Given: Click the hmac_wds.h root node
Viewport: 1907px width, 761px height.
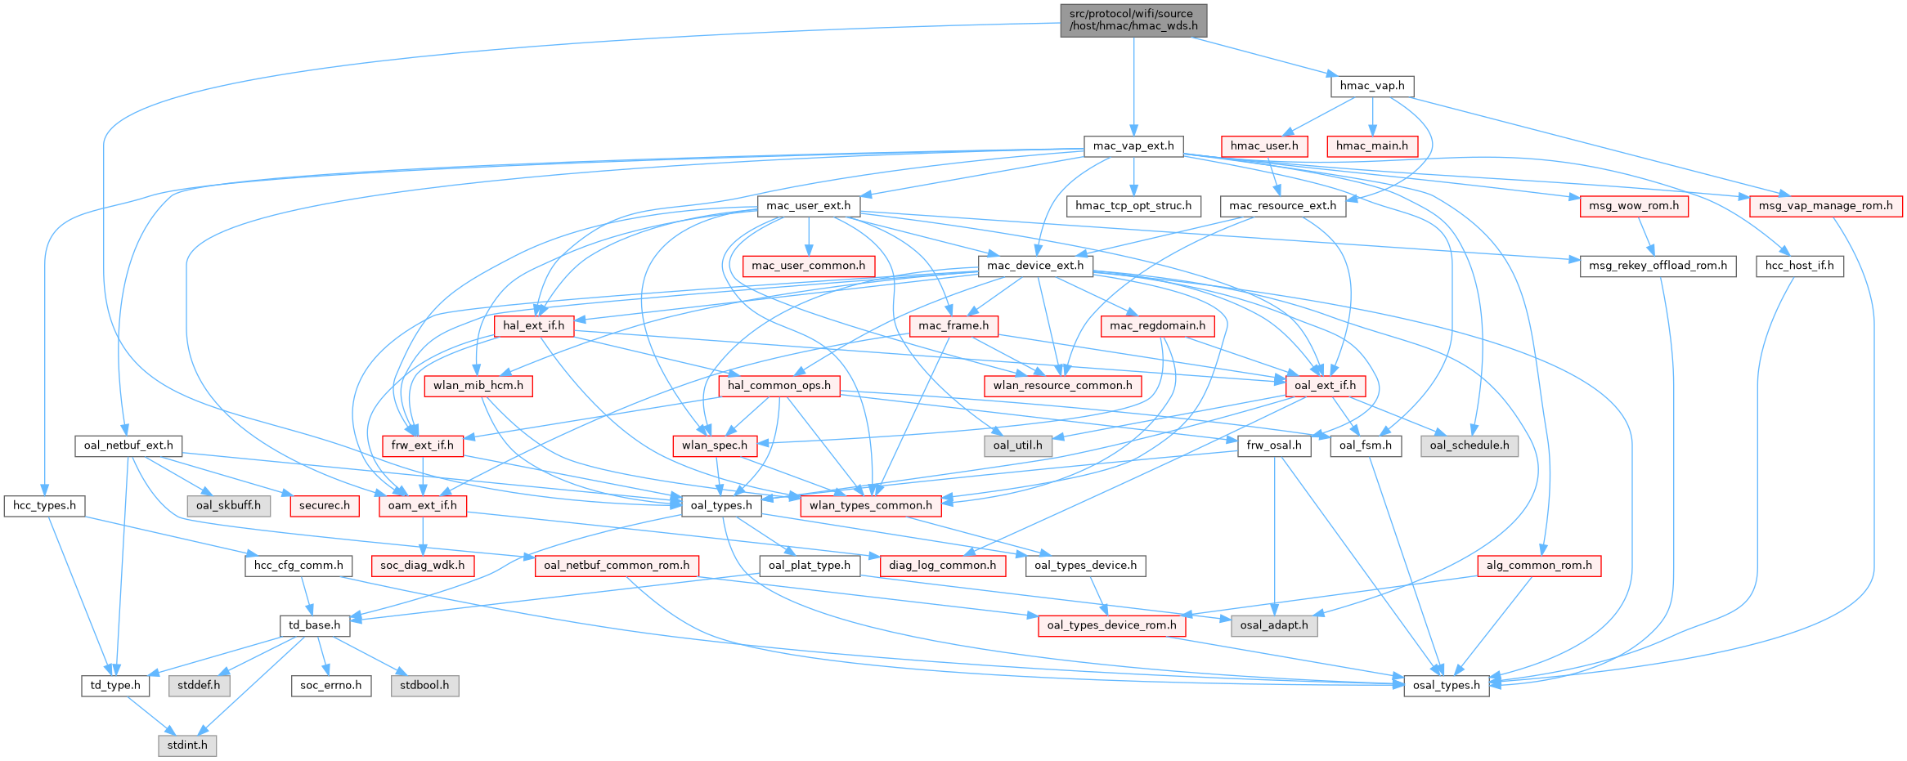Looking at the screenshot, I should [x=1133, y=20].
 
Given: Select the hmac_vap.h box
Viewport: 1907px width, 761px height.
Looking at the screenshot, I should [x=1371, y=86].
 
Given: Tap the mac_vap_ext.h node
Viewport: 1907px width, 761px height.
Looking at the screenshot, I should [x=1133, y=146].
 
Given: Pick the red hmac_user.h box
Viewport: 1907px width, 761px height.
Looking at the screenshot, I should [x=1263, y=146].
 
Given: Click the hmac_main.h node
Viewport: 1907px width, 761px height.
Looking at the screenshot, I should [x=1371, y=146].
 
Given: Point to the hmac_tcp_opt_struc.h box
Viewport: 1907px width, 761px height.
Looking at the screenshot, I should [x=1133, y=206].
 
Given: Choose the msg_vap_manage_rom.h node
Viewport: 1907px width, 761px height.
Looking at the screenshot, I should [x=1825, y=206].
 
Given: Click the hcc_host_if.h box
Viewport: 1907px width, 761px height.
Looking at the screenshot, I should [x=1799, y=266].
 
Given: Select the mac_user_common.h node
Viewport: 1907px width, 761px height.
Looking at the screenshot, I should [x=808, y=266].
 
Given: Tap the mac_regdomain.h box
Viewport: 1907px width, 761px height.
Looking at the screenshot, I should [x=1157, y=325].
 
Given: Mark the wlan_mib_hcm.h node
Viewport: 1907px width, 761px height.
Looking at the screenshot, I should [x=478, y=386].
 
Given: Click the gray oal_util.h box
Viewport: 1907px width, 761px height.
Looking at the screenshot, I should [x=1017, y=445].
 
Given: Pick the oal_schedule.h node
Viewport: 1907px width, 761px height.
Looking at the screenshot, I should [x=1469, y=445].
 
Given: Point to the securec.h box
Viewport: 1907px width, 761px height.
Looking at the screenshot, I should [x=324, y=506].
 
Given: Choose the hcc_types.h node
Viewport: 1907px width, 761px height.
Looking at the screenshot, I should [x=44, y=506].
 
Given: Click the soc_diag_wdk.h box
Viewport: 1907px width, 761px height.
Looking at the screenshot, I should [x=422, y=566].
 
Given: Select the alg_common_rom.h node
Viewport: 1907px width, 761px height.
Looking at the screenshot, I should [x=1538, y=566].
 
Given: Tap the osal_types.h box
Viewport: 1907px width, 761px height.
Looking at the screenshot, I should [x=1446, y=685].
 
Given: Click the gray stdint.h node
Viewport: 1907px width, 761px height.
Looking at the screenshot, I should [x=187, y=745].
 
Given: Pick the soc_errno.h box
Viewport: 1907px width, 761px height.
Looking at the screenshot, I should [x=330, y=685].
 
